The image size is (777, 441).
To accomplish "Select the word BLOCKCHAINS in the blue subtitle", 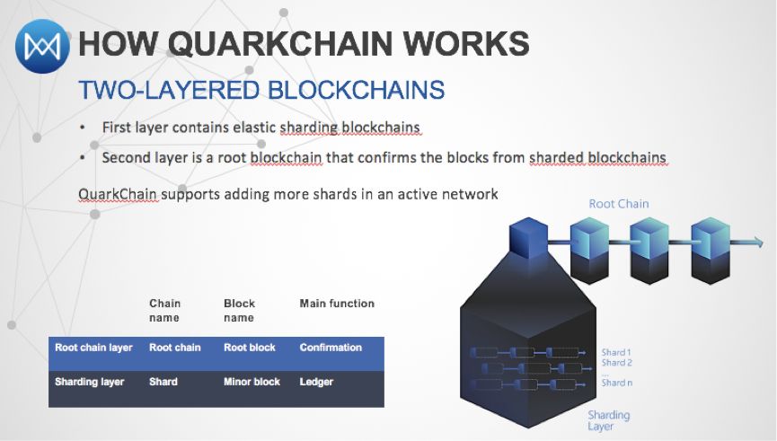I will [x=357, y=90].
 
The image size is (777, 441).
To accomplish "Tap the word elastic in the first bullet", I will [x=249, y=128].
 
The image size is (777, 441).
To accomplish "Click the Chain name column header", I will [x=164, y=310].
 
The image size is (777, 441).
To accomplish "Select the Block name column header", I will [x=239, y=310].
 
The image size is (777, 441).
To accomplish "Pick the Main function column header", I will [x=336, y=304].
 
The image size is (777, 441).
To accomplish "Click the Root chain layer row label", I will [x=93, y=348].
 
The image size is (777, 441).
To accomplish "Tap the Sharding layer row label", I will [x=90, y=382].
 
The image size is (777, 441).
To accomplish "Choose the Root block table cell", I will [x=250, y=348].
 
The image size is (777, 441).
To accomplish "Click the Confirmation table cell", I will [x=331, y=348].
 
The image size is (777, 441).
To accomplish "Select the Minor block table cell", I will [x=252, y=382].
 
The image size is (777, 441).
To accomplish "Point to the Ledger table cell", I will [x=316, y=382].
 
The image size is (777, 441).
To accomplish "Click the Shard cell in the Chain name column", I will [x=163, y=382].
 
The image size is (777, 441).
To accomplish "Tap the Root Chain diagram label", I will [x=618, y=203].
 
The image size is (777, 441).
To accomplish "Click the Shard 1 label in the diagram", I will [x=616, y=353].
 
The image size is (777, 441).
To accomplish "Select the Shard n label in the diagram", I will [x=616, y=383].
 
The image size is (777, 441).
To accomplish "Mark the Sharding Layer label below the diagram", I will [x=608, y=420].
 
